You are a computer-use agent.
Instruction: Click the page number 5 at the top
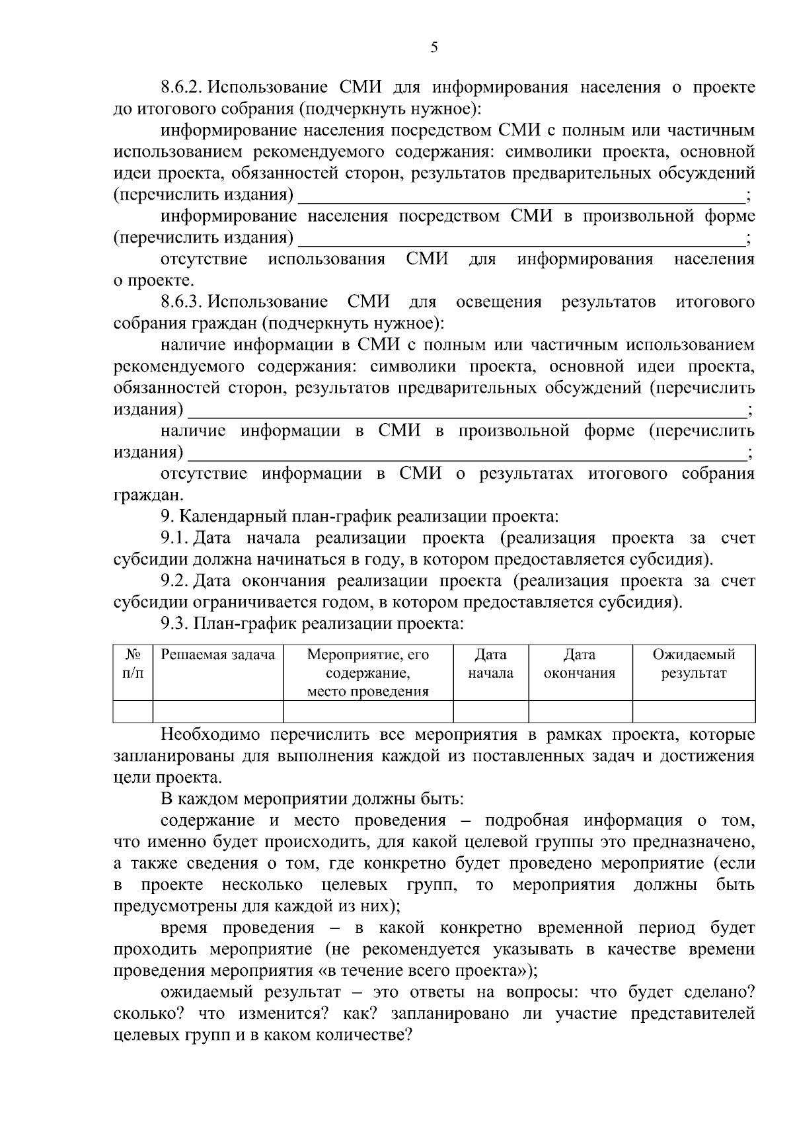pos(434,47)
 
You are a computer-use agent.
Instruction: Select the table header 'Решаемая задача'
pos(218,655)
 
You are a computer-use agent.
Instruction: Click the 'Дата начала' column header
pos(490,664)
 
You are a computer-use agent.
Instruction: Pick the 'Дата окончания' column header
pos(580,664)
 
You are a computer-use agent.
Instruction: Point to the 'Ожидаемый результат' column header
pos(693,664)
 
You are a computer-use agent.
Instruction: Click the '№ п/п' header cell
pos(133,664)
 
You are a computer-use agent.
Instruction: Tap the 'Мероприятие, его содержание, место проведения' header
pos(368,673)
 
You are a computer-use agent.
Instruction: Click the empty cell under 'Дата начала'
pos(490,711)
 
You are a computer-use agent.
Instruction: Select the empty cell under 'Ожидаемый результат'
pos(693,711)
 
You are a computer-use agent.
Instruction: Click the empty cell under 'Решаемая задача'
pos(218,711)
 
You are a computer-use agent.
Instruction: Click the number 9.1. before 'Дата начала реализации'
pos(175,539)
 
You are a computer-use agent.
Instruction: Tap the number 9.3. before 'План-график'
pos(175,624)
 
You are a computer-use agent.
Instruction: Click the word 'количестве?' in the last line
pos(363,1035)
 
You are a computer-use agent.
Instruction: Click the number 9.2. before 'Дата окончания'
pos(175,582)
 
